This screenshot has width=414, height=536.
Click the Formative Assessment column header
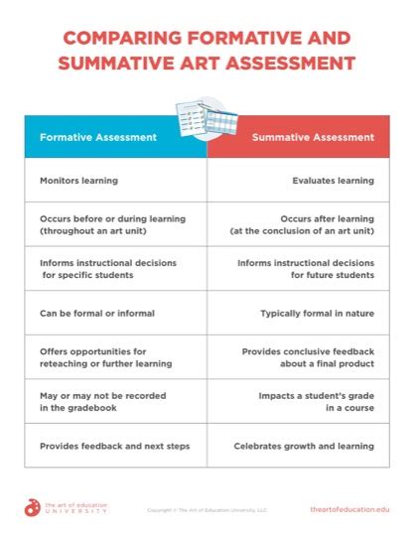[x=97, y=137]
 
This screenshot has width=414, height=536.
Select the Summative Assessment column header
[x=312, y=137]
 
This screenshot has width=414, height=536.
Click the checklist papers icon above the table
[x=207, y=118]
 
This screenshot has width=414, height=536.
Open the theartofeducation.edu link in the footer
[x=349, y=508]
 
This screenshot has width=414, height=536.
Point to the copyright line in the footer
[x=207, y=509]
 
